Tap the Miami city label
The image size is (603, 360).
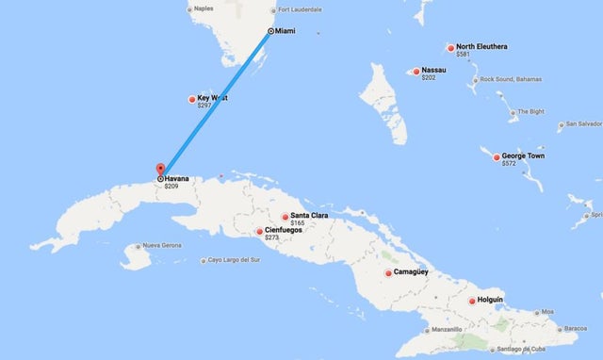pyautogui.click(x=285, y=31)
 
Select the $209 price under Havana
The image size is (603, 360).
pyautogui.click(x=171, y=187)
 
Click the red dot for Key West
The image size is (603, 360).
pyautogui.click(x=191, y=99)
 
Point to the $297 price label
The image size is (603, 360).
pyautogui.click(x=204, y=106)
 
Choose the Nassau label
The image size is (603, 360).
pyautogui.click(x=434, y=70)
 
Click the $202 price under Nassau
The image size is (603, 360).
pyautogui.click(x=429, y=77)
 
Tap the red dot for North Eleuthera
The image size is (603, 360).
pyautogui.click(x=450, y=48)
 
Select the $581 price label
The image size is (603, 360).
pyautogui.click(x=463, y=55)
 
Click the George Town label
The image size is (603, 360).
pyautogui.click(x=523, y=155)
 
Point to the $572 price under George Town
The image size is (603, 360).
pyautogui.click(x=509, y=164)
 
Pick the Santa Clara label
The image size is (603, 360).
pyautogui.click(x=309, y=216)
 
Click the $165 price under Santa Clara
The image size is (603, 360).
pyautogui.click(x=298, y=223)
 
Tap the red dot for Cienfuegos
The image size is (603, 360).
pyautogui.click(x=260, y=231)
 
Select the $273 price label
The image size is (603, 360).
pyautogui.click(x=272, y=238)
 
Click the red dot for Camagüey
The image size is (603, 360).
pyautogui.click(x=388, y=273)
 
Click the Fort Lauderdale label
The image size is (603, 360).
pyautogui.click(x=301, y=9)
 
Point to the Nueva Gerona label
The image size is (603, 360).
pyautogui.click(x=160, y=246)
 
